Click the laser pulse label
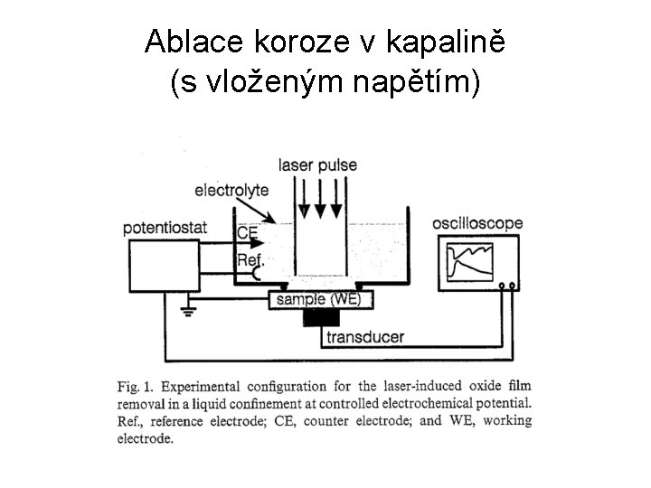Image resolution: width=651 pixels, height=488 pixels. pyautogui.click(x=317, y=165)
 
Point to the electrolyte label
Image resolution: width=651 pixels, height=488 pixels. pyautogui.click(x=231, y=191)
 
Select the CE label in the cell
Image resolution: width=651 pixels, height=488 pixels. pyautogui.click(x=248, y=232)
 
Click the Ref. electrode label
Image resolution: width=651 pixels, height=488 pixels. pyautogui.click(x=250, y=260)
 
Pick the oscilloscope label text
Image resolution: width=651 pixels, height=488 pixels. pyautogui.click(x=477, y=222)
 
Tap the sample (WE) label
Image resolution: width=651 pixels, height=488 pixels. pyautogui.click(x=323, y=299)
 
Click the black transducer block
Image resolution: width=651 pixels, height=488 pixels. pyautogui.click(x=323, y=319)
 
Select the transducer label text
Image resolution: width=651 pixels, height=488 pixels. pyautogui.click(x=365, y=338)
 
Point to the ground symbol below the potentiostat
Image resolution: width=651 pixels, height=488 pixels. pyautogui.click(x=189, y=310)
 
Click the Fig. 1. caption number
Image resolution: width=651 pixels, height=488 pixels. pyautogui.click(x=135, y=387)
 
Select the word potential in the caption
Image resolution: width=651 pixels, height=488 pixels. pyautogui.click(x=502, y=403)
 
